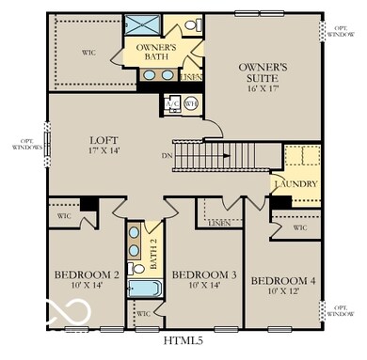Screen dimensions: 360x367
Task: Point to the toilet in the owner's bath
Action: (190, 25)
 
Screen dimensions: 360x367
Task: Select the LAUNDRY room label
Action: (295, 184)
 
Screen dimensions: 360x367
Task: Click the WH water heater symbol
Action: (190, 103)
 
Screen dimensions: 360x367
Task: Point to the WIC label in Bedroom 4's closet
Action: (299, 227)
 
